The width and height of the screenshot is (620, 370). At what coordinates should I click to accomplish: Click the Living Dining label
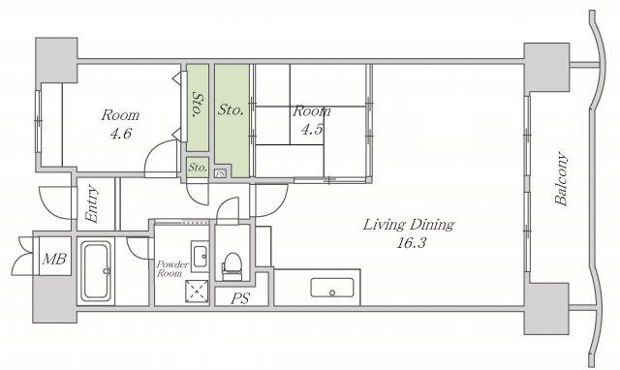pyautogui.click(x=409, y=225)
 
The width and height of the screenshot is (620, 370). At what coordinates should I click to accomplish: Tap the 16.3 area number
pyautogui.click(x=412, y=243)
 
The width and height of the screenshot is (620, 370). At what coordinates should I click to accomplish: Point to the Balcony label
pyautogui.click(x=562, y=178)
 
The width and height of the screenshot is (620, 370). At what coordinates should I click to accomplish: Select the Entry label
pyautogui.click(x=92, y=204)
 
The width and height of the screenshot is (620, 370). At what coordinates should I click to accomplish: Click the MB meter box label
pyautogui.click(x=54, y=260)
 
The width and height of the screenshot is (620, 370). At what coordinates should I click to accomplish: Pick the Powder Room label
pyautogui.click(x=172, y=269)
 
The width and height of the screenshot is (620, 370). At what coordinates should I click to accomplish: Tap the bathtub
pyautogui.click(x=95, y=271)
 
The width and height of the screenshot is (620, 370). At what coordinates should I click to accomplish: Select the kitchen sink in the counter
pyautogui.click(x=332, y=288)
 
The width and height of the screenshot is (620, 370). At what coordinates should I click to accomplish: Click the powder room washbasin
pyautogui.click(x=200, y=256)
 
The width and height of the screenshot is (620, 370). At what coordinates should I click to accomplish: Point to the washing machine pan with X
pyautogui.click(x=197, y=292)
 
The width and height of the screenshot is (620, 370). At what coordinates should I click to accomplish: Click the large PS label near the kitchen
pyautogui.click(x=240, y=298)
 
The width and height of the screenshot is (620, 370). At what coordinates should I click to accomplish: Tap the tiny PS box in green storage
pyautogui.click(x=220, y=173)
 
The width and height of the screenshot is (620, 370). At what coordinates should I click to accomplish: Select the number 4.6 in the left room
pyautogui.click(x=120, y=134)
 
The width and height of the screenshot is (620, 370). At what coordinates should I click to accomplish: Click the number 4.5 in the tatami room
pyautogui.click(x=312, y=129)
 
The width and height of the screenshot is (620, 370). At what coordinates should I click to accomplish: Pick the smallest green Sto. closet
pyautogui.click(x=198, y=168)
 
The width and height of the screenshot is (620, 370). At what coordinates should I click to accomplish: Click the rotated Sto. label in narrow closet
pyautogui.click(x=198, y=105)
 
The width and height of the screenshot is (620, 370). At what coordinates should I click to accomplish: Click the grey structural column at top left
pyautogui.click(x=56, y=60)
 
